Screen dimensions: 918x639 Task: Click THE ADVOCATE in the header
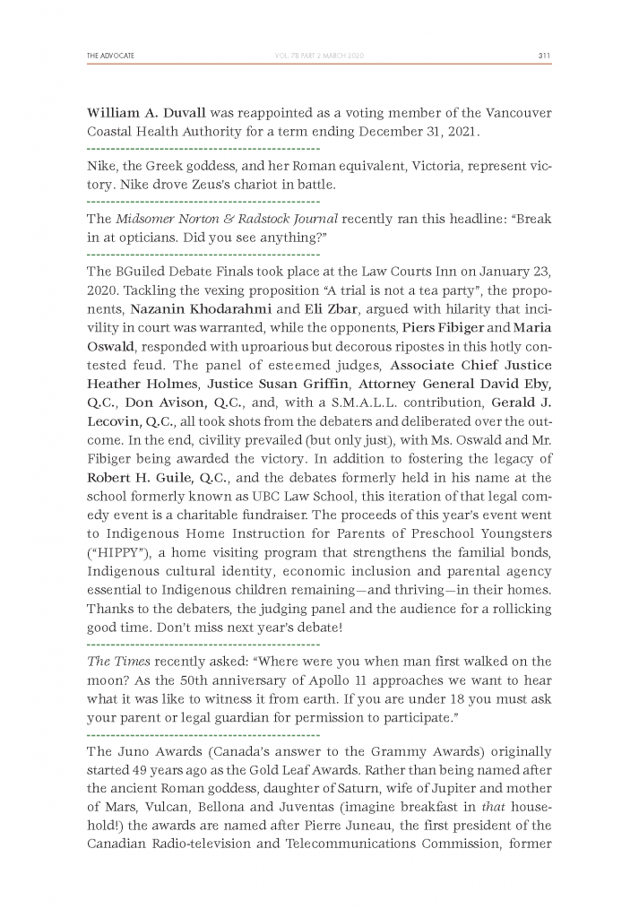[x=110, y=56]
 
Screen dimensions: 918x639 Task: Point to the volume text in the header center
[x=320, y=56]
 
